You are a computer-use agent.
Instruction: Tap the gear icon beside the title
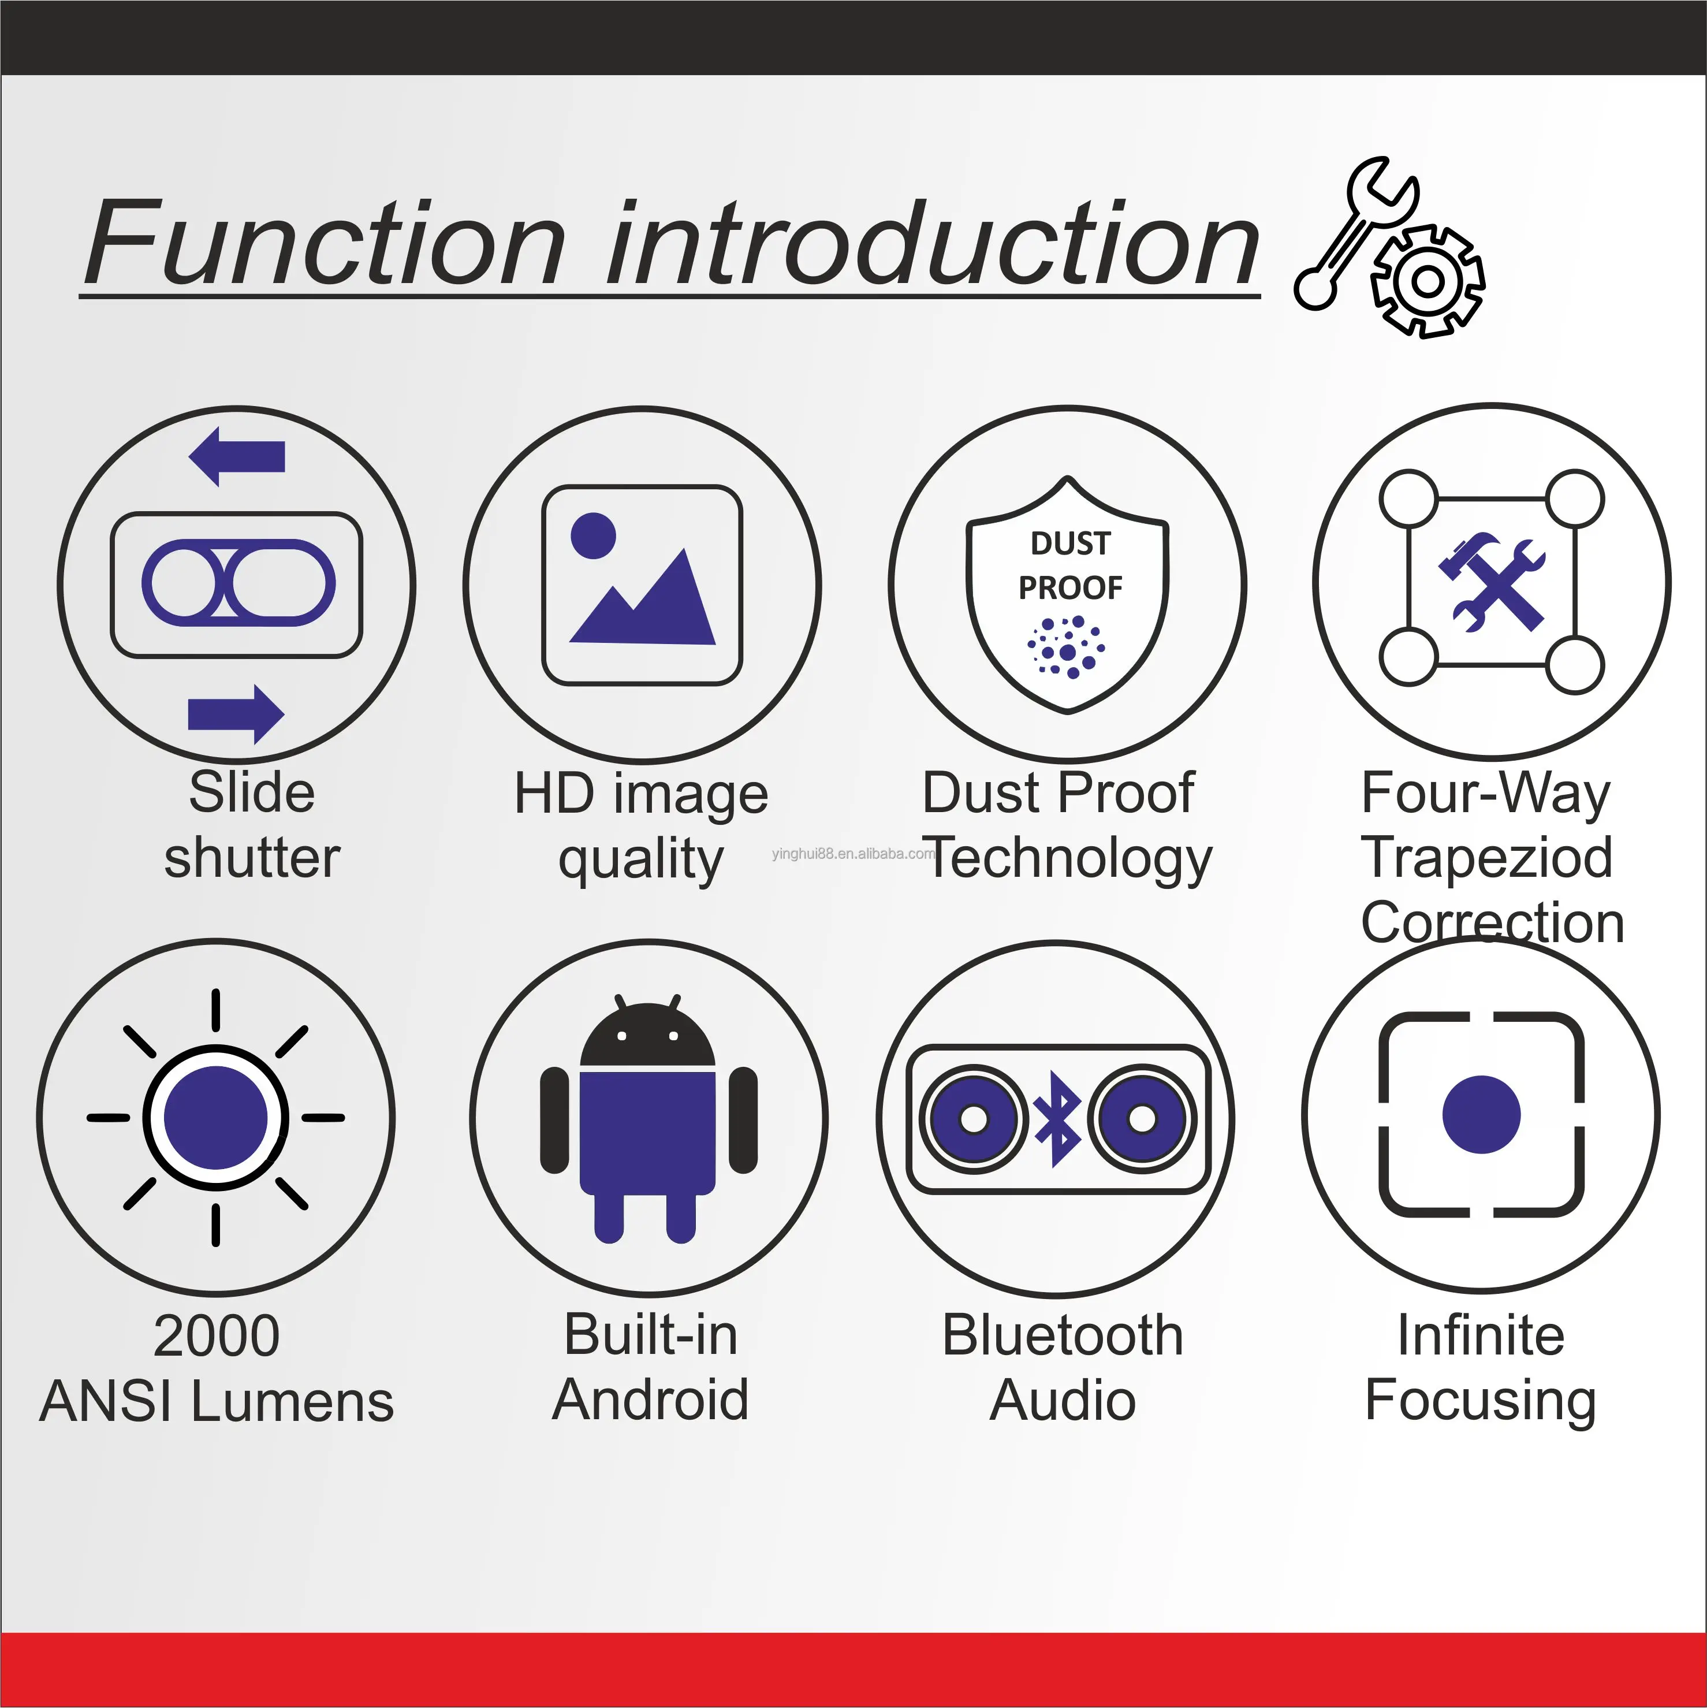1427,281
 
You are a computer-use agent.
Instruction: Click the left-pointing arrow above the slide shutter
237,456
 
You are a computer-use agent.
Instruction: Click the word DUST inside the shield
1069,543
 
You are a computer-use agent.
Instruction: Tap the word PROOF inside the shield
1069,587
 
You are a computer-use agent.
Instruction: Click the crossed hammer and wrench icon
1492,582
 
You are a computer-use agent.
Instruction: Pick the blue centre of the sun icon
216,1118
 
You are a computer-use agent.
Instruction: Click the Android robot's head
647,1036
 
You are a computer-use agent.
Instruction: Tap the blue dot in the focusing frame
1481,1114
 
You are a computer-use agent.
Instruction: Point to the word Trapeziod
1487,858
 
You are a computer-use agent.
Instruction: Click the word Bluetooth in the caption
1063,1335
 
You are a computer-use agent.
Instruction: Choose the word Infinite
1481,1335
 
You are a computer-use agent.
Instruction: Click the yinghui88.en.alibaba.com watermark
853,853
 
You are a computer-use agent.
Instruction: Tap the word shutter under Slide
252,858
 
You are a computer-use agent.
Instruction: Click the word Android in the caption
651,1400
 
